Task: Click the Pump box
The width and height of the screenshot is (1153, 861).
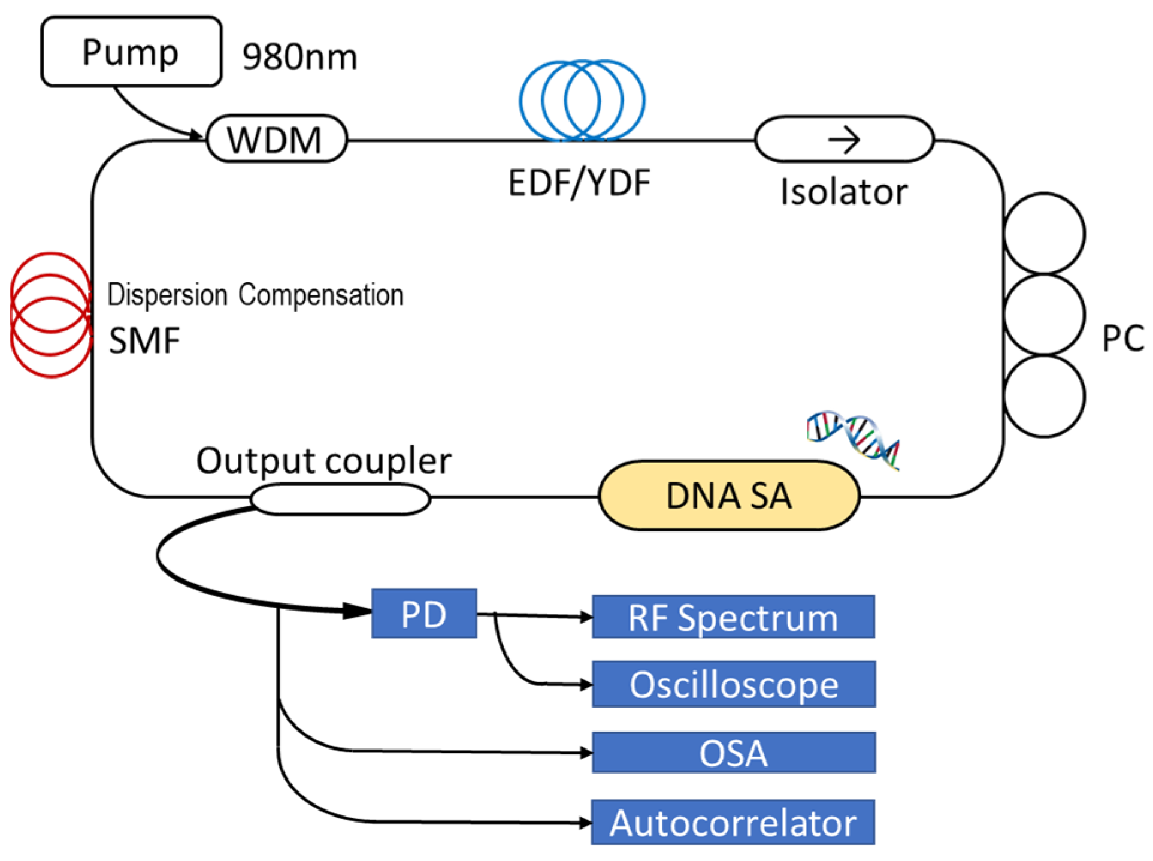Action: click(x=131, y=52)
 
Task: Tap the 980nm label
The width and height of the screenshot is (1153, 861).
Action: click(x=299, y=58)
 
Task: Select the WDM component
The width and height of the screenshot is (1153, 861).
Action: click(x=276, y=139)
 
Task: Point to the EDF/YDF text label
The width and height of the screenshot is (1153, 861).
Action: click(x=579, y=183)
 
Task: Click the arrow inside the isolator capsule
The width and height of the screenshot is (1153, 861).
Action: click(x=844, y=140)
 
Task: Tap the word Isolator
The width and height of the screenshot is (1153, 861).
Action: click(x=843, y=192)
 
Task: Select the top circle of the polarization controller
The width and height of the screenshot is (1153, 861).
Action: click(x=1043, y=234)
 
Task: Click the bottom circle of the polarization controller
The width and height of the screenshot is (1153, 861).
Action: click(x=1043, y=395)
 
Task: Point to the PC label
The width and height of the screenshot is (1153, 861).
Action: click(x=1122, y=339)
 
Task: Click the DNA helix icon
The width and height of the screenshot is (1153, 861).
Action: click(x=854, y=439)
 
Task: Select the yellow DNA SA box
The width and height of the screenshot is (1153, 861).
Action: click(x=729, y=496)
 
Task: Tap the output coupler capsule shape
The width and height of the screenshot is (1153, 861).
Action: click(x=340, y=499)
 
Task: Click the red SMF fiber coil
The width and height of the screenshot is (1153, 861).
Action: click(x=50, y=315)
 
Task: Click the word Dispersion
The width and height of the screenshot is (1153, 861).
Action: click(x=167, y=295)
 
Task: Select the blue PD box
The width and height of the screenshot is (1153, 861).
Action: click(x=423, y=614)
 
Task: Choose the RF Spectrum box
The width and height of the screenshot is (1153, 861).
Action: click(x=733, y=617)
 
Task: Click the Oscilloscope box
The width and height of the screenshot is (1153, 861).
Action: click(x=733, y=684)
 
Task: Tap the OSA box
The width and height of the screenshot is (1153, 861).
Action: click(x=733, y=753)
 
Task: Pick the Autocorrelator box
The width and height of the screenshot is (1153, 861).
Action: click(x=733, y=823)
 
